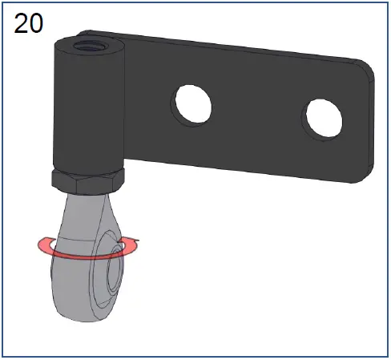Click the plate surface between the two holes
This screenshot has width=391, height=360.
click(x=256, y=112)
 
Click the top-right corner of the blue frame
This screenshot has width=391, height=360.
click(x=388, y=3)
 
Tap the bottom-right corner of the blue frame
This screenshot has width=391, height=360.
click(x=388, y=356)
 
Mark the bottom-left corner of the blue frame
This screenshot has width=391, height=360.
click(x=3, y=356)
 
